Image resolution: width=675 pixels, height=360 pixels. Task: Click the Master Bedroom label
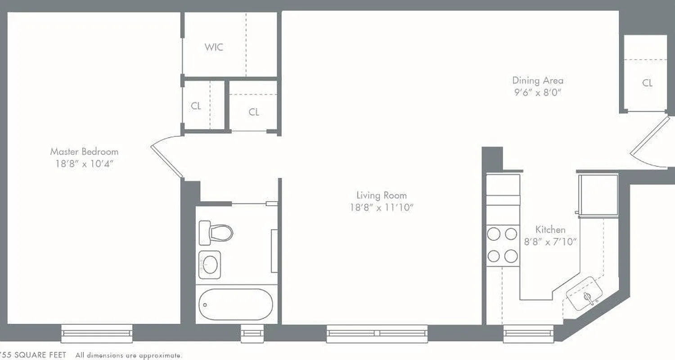click(84, 152)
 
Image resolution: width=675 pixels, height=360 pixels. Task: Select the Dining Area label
click(538, 81)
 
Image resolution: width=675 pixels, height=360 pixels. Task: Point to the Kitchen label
click(550, 229)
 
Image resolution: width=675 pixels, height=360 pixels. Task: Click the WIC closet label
click(214, 47)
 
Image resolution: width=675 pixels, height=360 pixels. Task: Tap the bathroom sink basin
click(210, 264)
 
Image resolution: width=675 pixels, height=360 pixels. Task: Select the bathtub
click(236, 305)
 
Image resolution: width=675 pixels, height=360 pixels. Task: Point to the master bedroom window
click(97, 333)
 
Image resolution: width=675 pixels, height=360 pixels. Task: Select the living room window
click(377, 333)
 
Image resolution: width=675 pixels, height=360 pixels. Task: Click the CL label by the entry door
click(647, 83)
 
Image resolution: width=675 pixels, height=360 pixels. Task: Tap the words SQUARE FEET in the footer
click(40, 355)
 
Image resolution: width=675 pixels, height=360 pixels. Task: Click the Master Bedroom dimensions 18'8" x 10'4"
click(84, 164)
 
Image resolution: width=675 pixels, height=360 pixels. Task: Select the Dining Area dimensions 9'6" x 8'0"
click(538, 93)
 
